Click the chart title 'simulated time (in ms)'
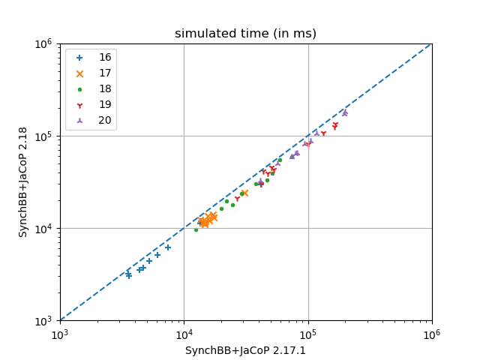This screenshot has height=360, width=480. click(245, 34)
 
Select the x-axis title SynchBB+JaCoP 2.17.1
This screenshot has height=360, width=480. click(245, 350)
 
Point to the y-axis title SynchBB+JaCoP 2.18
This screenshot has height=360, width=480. click(23, 182)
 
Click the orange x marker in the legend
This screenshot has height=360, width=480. click(80, 73)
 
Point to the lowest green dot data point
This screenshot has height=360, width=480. click(196, 229)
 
